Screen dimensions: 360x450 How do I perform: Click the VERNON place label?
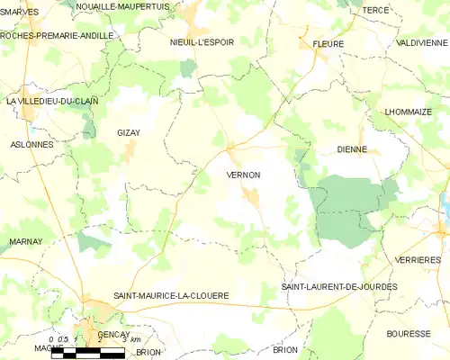[244, 175]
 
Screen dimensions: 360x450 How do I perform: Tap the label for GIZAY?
[129, 132]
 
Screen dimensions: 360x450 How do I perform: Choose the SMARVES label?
[20, 12]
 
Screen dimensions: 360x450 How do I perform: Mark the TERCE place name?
[375, 10]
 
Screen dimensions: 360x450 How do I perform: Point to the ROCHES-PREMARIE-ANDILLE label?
[58, 35]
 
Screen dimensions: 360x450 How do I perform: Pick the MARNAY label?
[25, 242]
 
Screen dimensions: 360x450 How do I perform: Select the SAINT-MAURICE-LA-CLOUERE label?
[171, 295]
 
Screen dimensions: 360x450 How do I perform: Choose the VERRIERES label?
[417, 258]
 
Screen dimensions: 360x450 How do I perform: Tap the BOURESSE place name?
[409, 333]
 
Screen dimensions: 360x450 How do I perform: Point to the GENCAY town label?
[115, 333]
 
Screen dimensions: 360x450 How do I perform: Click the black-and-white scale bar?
[87, 354]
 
